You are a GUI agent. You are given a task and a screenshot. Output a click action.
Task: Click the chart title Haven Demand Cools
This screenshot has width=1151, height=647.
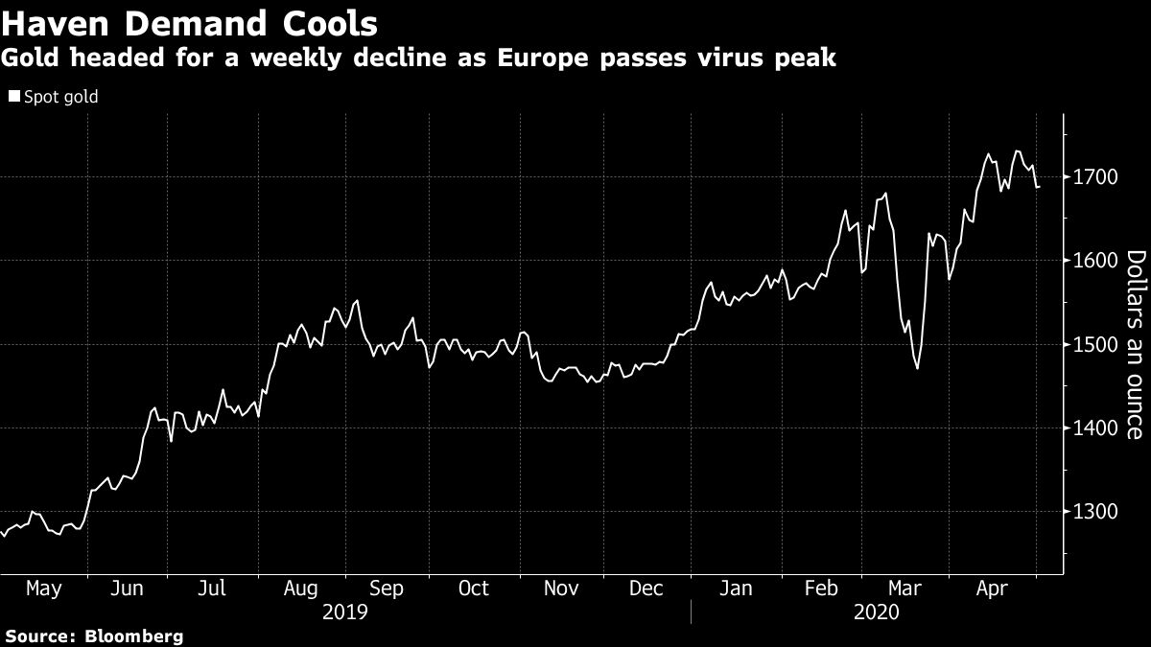(x=190, y=21)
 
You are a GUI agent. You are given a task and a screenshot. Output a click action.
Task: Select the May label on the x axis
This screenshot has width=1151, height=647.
(x=42, y=589)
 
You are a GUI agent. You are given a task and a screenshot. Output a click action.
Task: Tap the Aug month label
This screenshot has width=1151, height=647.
(x=301, y=589)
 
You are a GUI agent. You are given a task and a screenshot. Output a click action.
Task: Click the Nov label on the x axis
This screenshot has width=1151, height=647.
(x=560, y=589)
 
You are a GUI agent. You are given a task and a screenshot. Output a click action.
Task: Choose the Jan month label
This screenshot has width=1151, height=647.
(x=735, y=589)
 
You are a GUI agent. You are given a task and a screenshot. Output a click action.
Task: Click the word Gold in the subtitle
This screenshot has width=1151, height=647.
(x=27, y=58)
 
